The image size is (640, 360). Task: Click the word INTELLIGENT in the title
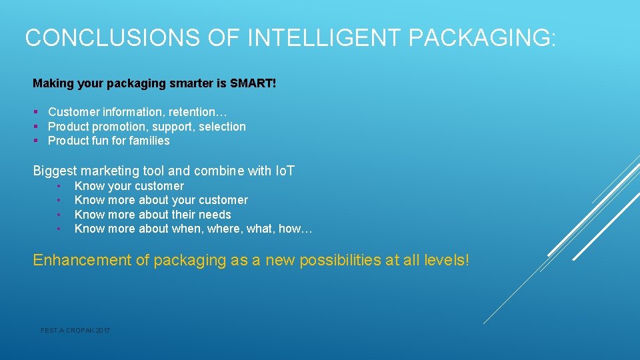click(325, 38)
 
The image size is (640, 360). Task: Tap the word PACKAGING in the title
click(481, 38)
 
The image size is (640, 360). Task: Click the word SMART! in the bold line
click(253, 84)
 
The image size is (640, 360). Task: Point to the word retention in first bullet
click(198, 112)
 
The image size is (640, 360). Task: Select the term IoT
click(285, 171)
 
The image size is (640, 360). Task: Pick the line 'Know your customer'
click(129, 186)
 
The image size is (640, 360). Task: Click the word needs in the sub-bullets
click(215, 215)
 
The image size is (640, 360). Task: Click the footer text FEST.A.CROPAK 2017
click(75, 331)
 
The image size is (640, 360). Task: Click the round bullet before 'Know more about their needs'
click(59, 215)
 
